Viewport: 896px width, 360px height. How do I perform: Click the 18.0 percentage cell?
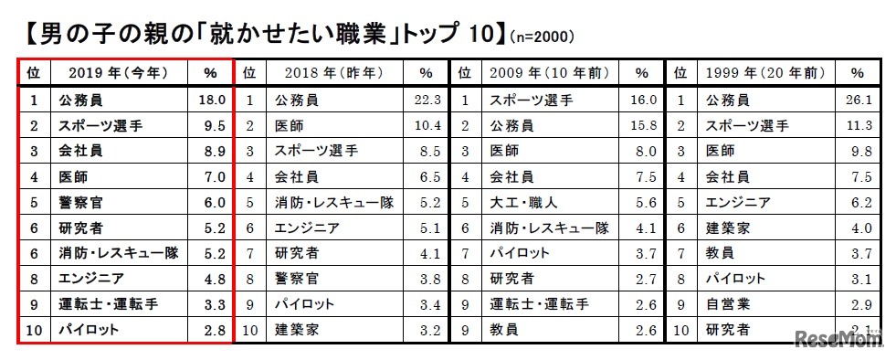coord(212,100)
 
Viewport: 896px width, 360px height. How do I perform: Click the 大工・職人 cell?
coord(524,202)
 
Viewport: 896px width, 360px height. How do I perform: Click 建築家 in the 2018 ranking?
coord(296,330)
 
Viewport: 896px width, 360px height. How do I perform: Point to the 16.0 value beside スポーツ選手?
coord(643,100)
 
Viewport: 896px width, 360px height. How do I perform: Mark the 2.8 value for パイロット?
coord(212,330)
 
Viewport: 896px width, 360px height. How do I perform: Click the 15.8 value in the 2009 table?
coord(643,125)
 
